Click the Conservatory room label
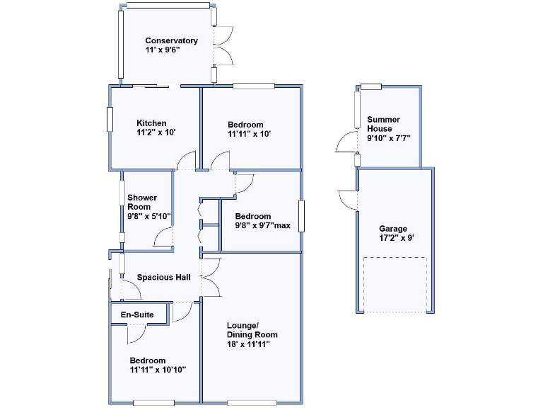[x=171, y=40]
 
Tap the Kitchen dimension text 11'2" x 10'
[x=156, y=132]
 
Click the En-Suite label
[x=137, y=314]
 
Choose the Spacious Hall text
[x=164, y=278]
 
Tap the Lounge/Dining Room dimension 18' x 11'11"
[x=248, y=344]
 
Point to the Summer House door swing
[x=346, y=144]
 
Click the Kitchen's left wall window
[x=110, y=118]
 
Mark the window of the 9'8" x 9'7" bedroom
[x=301, y=216]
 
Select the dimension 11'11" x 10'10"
[x=157, y=370]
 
